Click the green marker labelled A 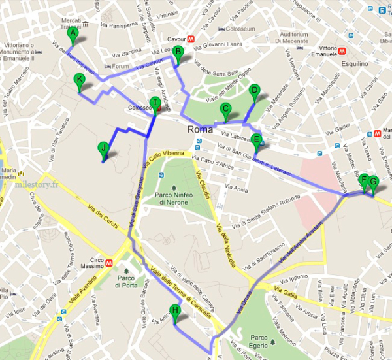(73, 33)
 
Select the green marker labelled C (226, 110)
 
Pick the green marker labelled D (255, 91)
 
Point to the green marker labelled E (256, 139)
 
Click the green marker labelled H (174, 311)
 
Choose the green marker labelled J (103, 148)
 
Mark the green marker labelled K (80, 80)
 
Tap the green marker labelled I (154, 103)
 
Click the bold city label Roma (199, 129)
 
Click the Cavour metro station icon (190, 38)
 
